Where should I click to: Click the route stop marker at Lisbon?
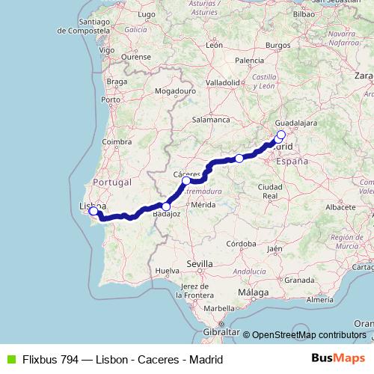(93, 211)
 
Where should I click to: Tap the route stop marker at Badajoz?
(166, 206)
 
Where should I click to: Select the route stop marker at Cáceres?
(186, 180)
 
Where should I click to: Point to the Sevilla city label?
(200, 264)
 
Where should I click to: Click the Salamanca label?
(210, 119)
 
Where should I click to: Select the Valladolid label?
(222, 82)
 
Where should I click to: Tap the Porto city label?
(111, 99)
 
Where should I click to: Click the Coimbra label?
(117, 141)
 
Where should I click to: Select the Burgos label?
(278, 45)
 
